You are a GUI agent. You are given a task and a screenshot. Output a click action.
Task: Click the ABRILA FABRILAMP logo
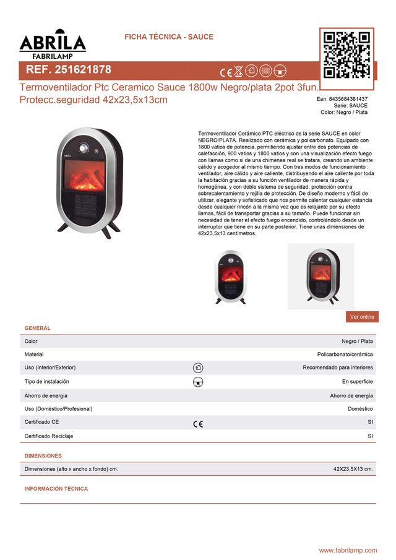click(53, 43)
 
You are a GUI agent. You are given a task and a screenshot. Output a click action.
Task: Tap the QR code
click(346, 54)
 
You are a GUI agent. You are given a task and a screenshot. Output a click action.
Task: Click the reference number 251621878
click(68, 70)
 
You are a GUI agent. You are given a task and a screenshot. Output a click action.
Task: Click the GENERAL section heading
click(37, 328)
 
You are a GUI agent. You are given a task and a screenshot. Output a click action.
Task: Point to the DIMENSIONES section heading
click(43, 456)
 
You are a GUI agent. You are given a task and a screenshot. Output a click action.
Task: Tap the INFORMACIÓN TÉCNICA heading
click(56, 489)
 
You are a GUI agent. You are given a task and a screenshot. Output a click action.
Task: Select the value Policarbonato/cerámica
click(345, 355)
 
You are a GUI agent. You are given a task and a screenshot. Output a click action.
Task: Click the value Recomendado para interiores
click(337, 368)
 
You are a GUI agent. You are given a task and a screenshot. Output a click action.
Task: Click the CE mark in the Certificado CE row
click(198, 424)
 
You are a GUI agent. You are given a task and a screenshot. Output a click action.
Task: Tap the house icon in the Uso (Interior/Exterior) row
click(198, 368)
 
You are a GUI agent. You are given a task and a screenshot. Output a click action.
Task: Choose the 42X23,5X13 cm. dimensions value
click(353, 469)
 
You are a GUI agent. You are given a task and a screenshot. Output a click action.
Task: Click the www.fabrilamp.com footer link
click(348, 550)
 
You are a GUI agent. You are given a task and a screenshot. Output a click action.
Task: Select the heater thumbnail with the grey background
click(321, 276)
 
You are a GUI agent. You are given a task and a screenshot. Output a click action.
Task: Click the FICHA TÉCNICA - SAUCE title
click(169, 37)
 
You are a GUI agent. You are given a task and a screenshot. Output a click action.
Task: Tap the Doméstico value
click(360, 409)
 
